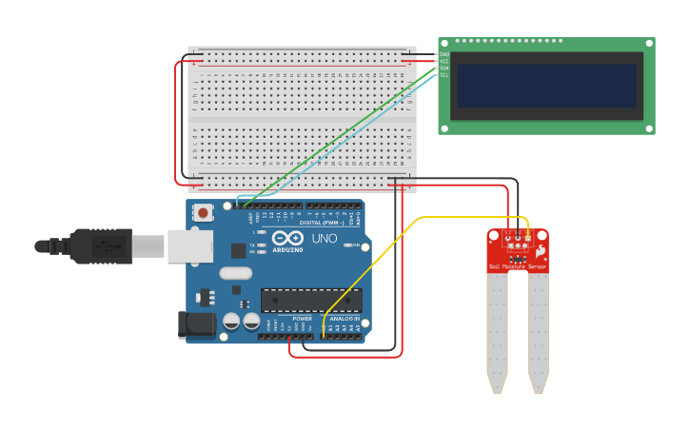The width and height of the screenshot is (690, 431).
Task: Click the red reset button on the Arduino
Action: click(202, 212)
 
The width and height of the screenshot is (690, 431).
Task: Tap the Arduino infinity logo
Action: click(286, 238)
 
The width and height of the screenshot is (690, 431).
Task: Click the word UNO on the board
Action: click(317, 238)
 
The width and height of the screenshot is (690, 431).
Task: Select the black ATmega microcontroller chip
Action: click(311, 300)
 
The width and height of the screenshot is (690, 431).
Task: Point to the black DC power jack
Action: click(201, 323)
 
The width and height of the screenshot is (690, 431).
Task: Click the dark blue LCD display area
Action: click(545, 86)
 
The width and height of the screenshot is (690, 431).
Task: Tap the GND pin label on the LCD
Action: click(444, 54)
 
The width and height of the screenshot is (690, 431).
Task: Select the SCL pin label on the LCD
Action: click(444, 75)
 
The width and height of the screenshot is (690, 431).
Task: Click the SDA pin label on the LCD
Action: click(444, 69)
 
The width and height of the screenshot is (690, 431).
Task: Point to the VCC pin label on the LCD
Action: click(444, 61)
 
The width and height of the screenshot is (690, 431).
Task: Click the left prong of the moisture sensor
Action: click(496, 333)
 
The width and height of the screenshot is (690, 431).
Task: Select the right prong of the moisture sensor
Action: click(538, 333)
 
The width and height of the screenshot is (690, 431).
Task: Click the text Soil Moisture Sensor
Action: click(517, 268)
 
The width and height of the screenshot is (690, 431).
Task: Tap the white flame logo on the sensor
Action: click(539, 250)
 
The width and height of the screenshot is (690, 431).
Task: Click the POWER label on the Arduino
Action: click(275, 318)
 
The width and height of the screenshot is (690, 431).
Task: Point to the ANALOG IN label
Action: click(345, 318)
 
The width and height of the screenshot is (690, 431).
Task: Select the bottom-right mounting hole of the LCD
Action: click(648, 127)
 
